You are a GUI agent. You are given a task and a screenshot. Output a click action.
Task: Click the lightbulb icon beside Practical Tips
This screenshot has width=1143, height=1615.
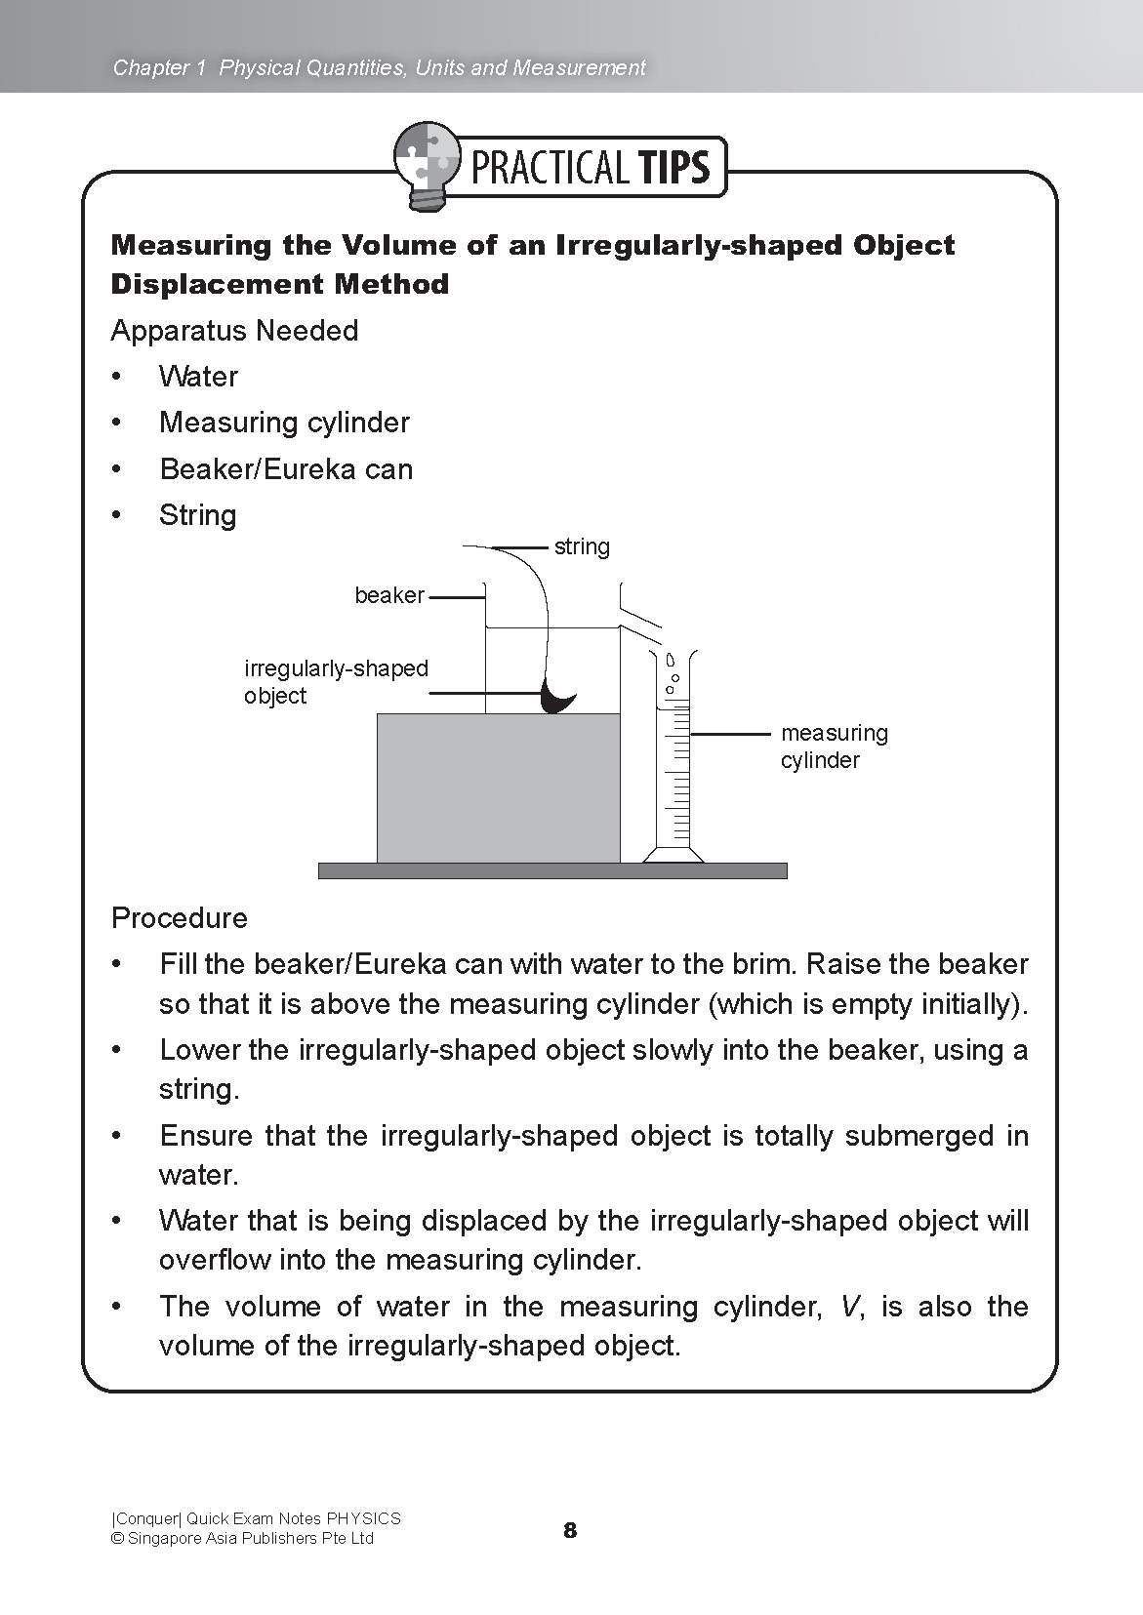click(x=425, y=166)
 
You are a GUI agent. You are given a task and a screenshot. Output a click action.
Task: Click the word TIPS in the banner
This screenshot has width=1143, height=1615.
click(x=674, y=168)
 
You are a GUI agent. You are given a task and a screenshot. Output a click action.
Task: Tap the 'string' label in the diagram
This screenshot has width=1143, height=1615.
click(x=582, y=546)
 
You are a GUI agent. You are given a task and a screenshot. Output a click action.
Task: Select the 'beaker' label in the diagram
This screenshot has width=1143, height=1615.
click(x=389, y=595)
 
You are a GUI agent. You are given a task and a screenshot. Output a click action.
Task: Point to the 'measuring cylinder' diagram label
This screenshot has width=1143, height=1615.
click(x=834, y=747)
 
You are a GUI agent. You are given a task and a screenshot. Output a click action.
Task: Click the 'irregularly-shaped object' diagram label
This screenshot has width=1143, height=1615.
click(x=335, y=682)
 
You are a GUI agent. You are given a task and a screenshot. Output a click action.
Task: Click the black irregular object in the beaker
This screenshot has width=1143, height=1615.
click(x=557, y=699)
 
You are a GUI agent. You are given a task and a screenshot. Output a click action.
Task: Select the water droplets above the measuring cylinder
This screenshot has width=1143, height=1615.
click(x=672, y=673)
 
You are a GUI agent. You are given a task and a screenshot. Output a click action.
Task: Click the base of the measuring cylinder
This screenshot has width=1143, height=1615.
click(x=673, y=856)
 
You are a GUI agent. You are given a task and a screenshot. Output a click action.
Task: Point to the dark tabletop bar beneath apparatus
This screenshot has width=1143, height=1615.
click(x=552, y=871)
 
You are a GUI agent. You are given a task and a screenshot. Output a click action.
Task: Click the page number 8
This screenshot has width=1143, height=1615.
click(x=570, y=1530)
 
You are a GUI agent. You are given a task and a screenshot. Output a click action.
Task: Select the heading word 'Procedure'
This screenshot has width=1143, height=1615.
click(x=180, y=918)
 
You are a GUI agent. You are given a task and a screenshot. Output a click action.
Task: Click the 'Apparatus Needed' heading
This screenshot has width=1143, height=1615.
click(x=234, y=331)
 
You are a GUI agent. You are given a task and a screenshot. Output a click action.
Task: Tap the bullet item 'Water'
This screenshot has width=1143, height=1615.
click(x=198, y=377)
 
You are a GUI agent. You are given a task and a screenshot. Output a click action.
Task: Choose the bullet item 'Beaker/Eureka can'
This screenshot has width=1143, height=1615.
click(x=286, y=469)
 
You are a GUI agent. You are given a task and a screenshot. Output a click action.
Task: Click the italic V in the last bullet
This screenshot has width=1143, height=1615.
click(x=849, y=1307)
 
